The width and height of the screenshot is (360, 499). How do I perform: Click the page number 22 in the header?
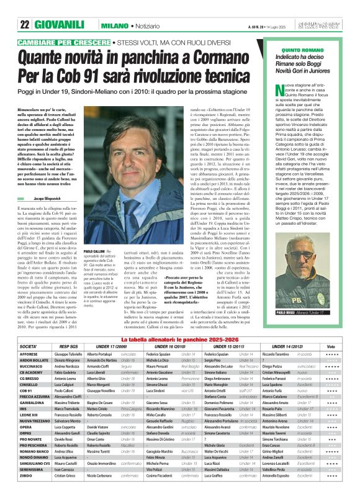pos(25,8)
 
